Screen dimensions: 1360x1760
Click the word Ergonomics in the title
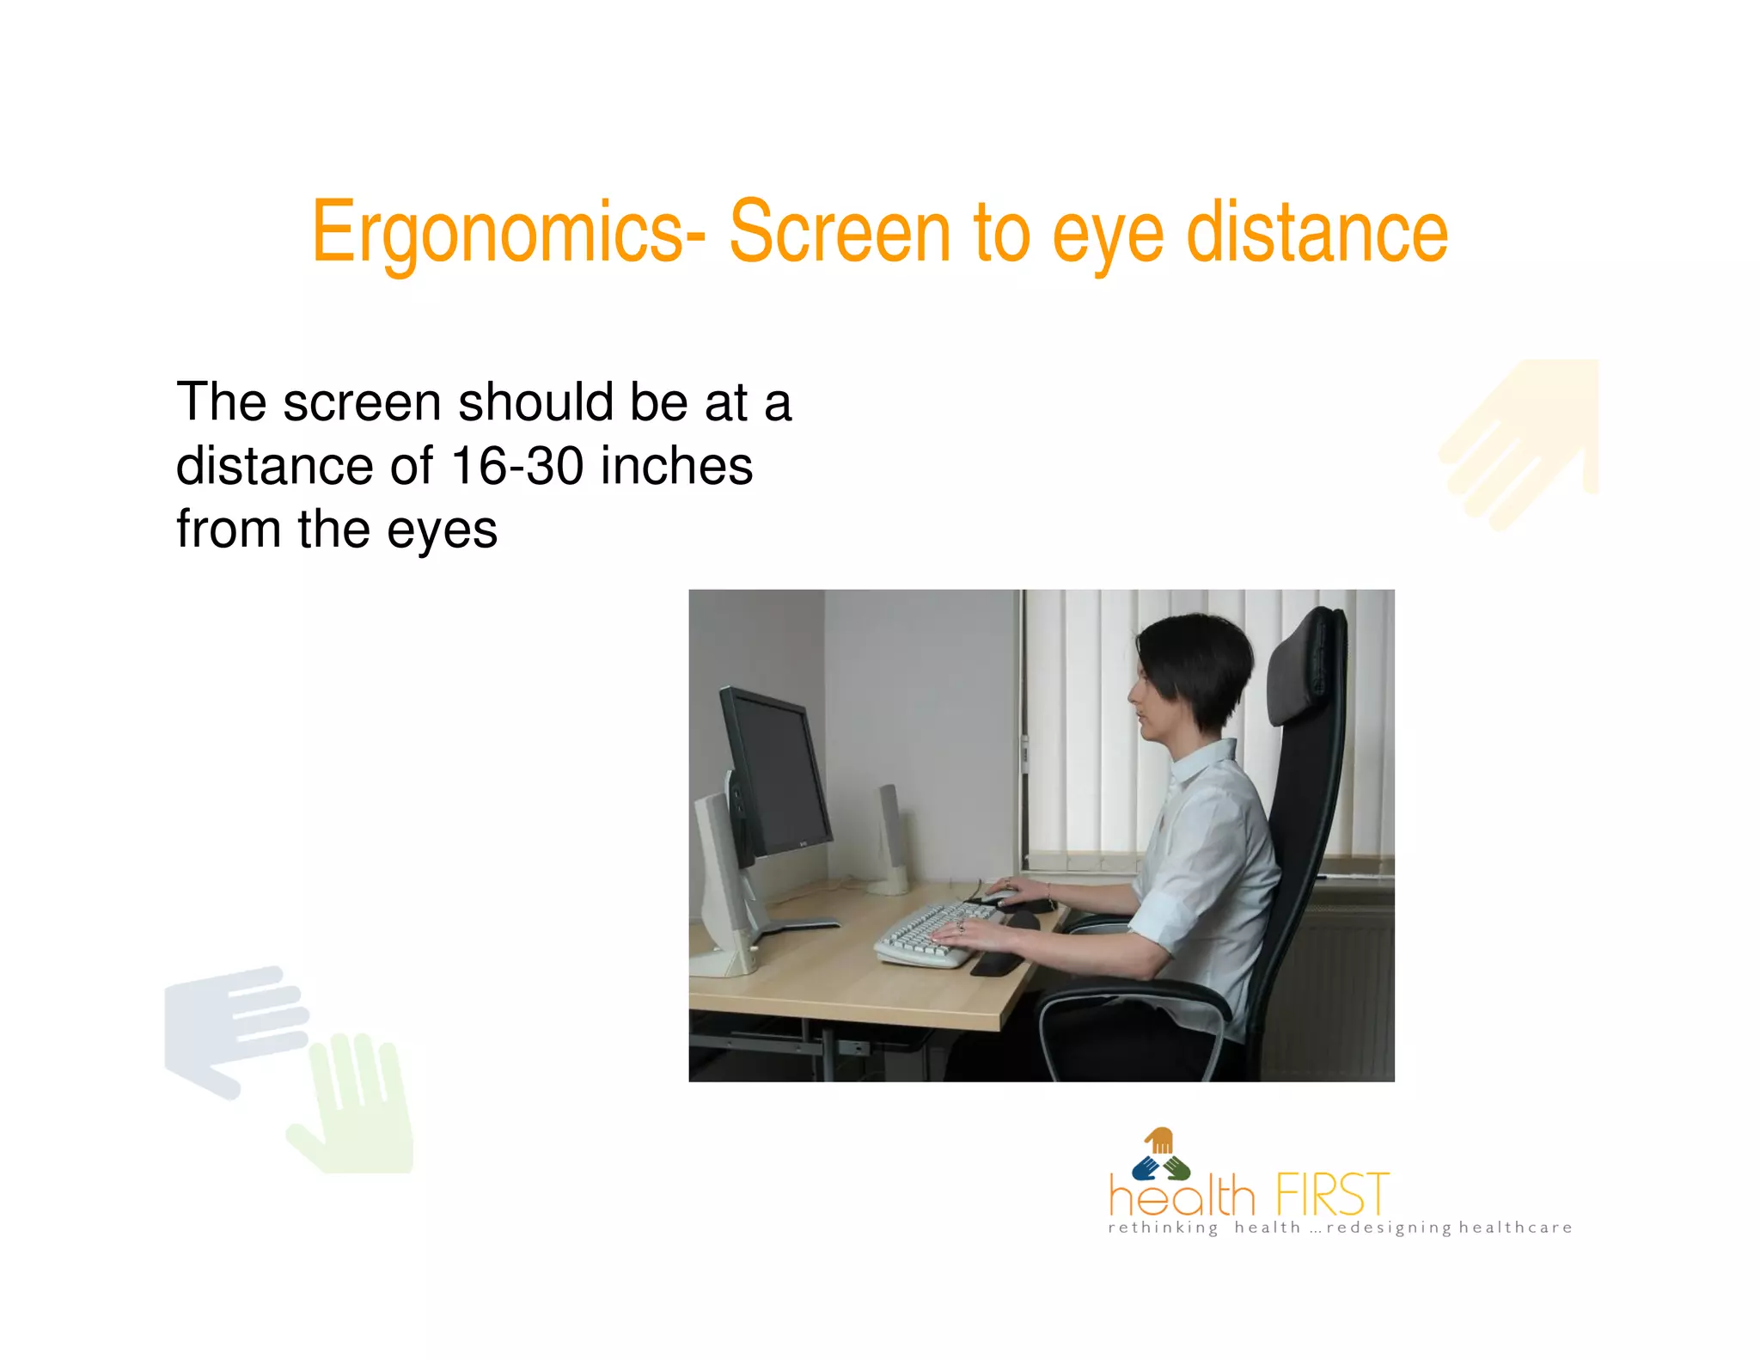(498, 233)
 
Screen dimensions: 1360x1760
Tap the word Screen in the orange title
(840, 231)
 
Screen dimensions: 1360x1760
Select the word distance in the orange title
(1317, 231)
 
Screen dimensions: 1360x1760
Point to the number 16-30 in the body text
(516, 466)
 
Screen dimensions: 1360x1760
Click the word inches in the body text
(676, 466)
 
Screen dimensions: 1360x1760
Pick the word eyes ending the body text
(442, 530)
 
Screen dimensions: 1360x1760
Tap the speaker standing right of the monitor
(889, 838)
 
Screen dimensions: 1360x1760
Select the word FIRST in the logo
(1331, 1194)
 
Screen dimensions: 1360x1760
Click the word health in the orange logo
(1182, 1196)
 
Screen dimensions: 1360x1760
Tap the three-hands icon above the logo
(1160, 1156)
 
